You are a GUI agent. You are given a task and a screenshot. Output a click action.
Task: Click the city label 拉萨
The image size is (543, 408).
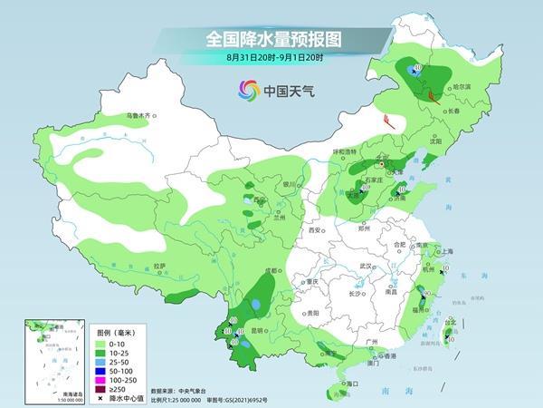(x=159, y=266)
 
